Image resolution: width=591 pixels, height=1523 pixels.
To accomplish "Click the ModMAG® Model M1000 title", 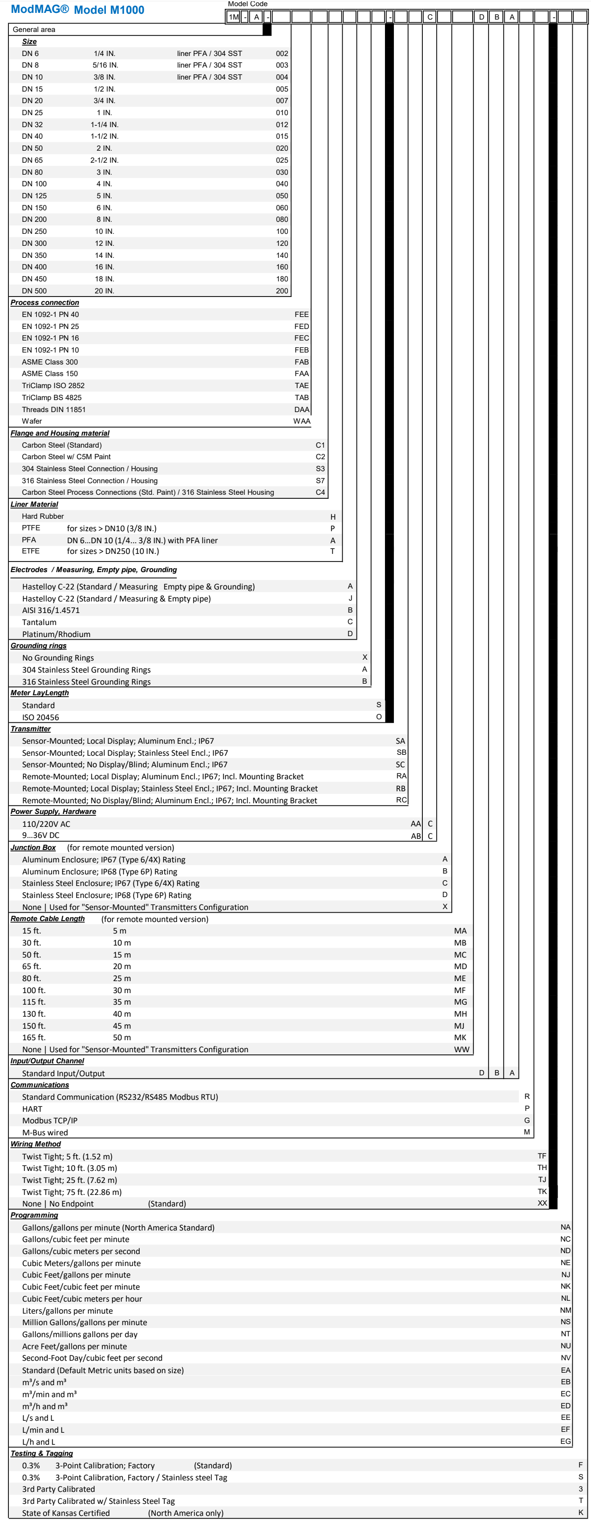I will [x=77, y=9].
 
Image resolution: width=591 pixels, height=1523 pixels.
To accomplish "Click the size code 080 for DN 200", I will [x=282, y=219].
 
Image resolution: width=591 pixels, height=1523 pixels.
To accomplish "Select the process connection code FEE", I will [x=302, y=315].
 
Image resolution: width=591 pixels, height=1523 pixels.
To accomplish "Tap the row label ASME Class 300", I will [x=50, y=362].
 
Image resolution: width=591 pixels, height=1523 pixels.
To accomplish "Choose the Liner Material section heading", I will [x=34, y=504].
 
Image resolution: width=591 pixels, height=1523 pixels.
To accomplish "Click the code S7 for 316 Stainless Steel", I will [x=320, y=481].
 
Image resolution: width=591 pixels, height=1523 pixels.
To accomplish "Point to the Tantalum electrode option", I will [x=40, y=622].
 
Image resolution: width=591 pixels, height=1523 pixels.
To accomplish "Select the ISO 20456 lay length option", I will [x=41, y=717].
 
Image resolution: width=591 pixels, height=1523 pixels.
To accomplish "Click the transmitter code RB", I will [x=401, y=788].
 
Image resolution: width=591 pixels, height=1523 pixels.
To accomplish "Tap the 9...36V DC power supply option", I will [x=41, y=835].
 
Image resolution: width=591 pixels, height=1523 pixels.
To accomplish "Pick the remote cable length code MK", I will [x=460, y=1038].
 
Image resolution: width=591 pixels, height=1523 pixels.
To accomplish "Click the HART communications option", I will [x=32, y=1109].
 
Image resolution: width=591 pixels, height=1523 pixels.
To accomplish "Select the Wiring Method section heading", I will [x=36, y=1144].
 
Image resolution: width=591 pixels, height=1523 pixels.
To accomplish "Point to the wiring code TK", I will [x=542, y=1192].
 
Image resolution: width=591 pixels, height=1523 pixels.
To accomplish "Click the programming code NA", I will [x=566, y=1227].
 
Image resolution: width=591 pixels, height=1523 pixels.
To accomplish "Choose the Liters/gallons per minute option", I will [x=68, y=1311].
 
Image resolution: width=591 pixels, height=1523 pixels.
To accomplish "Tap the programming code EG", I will [x=566, y=1441].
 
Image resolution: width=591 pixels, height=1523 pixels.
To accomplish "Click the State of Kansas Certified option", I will [x=66, y=1513].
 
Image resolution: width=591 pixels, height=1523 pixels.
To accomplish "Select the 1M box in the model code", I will [x=234, y=17].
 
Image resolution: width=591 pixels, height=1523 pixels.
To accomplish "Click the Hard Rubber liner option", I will [x=43, y=516].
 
